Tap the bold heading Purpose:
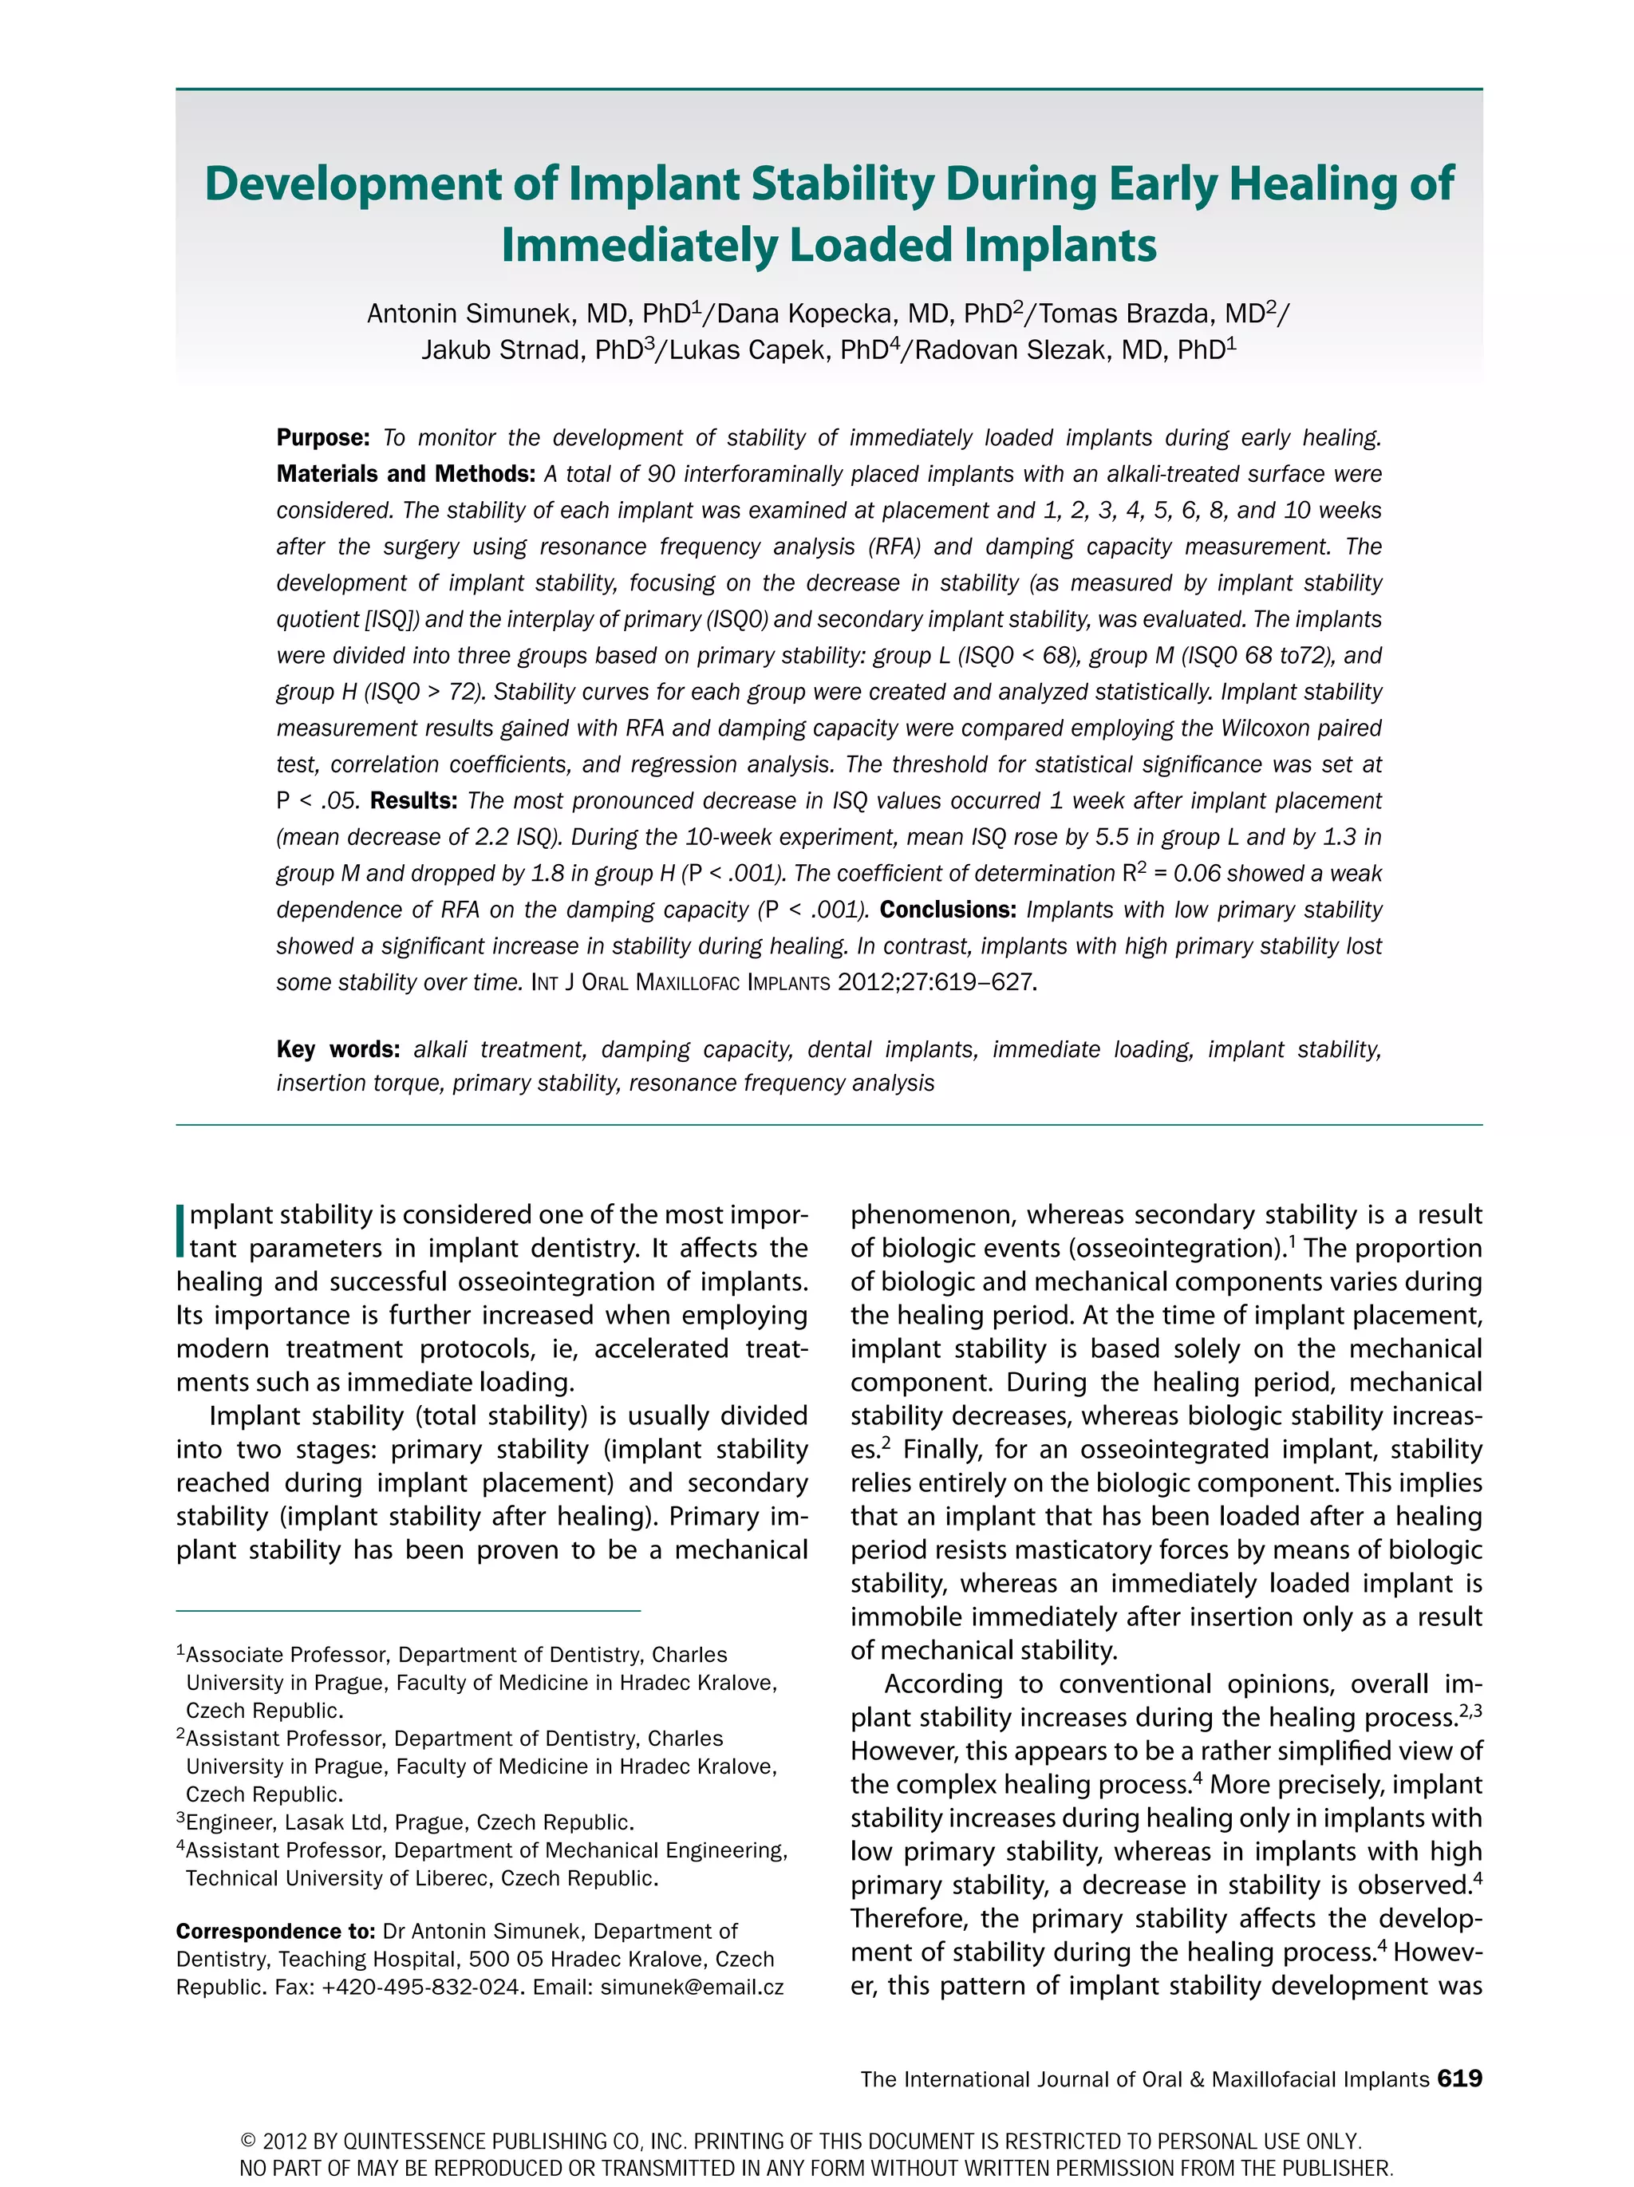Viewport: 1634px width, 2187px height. click(322, 438)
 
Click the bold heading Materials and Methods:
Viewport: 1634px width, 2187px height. click(405, 475)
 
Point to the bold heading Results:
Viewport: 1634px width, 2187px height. click(413, 801)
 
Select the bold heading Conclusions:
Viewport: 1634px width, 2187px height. click(947, 910)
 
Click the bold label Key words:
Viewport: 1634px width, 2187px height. click(337, 1049)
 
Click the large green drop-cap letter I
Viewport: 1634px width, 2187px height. click(181, 1230)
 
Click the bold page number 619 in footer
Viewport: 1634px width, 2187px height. click(1459, 2078)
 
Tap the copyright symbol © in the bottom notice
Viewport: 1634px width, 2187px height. click(248, 2142)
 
